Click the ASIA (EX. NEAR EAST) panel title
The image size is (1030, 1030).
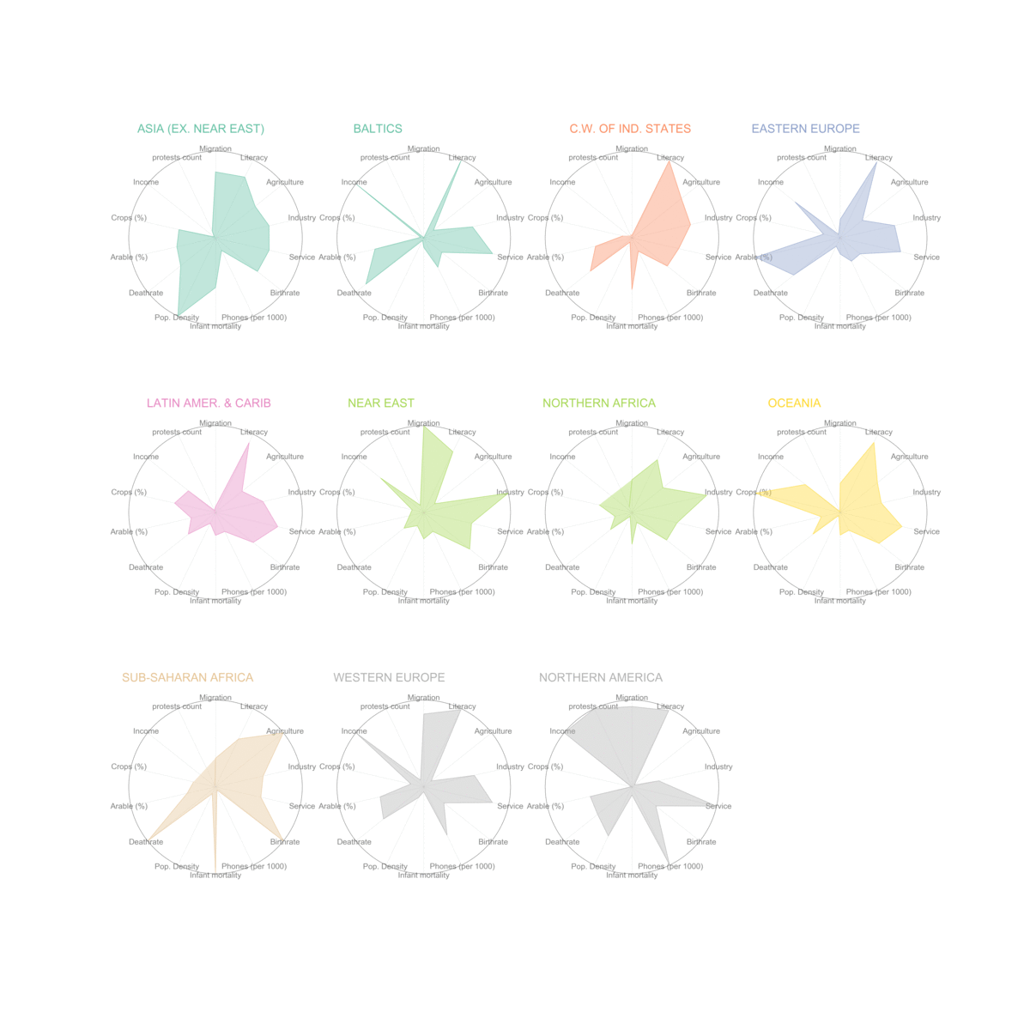(201, 129)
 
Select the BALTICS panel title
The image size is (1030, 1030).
(378, 129)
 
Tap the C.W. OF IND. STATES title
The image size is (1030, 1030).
(630, 129)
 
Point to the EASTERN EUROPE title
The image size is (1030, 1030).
(805, 129)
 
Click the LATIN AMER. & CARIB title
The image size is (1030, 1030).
(209, 403)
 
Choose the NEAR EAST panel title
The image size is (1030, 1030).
(381, 403)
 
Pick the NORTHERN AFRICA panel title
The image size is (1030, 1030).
(599, 403)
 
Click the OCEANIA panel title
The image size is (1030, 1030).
(794, 403)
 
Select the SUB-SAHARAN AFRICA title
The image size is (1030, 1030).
(187, 678)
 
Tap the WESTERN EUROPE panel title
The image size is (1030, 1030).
(389, 678)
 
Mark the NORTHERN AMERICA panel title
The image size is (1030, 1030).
(601, 678)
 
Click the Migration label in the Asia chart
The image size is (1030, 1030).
(215, 149)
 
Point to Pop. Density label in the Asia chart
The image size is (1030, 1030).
(177, 318)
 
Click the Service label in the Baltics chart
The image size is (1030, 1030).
(510, 257)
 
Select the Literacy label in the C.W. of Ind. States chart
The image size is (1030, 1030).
(670, 158)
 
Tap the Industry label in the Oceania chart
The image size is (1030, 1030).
(927, 493)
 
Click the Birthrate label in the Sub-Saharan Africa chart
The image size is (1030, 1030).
(285, 842)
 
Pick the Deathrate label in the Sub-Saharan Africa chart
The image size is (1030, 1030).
(146, 842)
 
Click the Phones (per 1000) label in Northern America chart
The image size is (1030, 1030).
(670, 867)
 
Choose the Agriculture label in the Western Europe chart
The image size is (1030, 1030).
(493, 731)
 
